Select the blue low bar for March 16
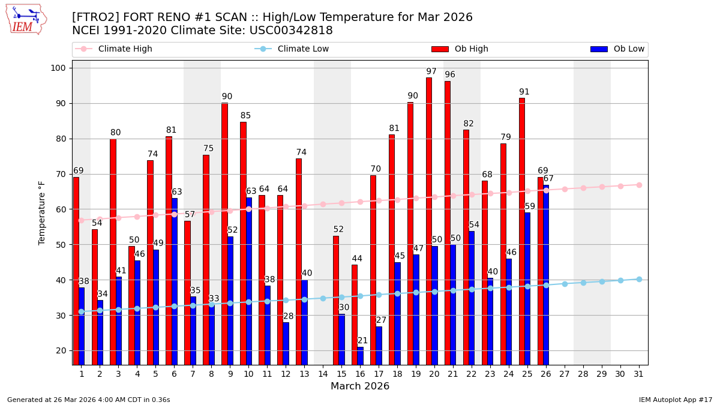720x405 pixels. (360, 356)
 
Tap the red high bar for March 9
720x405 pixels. (224, 233)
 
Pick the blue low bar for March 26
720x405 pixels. (546, 275)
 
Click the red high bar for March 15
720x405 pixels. (336, 300)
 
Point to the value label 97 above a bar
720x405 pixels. (431, 71)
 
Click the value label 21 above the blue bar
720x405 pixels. (362, 341)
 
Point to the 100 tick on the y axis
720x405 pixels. (58, 68)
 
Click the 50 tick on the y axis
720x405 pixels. (60, 245)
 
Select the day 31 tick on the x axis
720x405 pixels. (639, 374)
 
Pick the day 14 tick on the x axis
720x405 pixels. (323, 374)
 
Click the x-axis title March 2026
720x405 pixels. (360, 386)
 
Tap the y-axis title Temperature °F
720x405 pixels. (42, 212)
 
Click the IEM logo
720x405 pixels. (26, 19)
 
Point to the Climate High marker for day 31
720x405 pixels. (639, 185)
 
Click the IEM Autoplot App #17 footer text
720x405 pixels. (675, 400)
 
